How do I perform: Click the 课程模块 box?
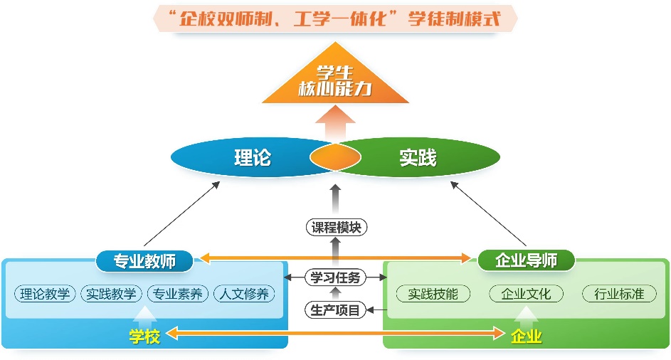tap(336, 228)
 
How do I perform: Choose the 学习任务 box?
tap(336, 277)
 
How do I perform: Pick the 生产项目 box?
tap(336, 309)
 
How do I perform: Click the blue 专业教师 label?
tap(145, 260)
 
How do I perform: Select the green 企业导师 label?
tap(527, 260)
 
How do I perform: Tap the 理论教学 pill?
tap(45, 293)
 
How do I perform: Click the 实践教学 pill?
tap(111, 293)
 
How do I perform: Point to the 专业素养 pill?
tap(178, 293)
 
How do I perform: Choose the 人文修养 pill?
tap(244, 293)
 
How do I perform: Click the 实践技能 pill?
tap(433, 293)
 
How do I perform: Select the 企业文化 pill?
tap(527, 293)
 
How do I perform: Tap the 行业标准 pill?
tap(619, 293)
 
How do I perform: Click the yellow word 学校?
tap(144, 336)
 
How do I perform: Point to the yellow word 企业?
tap(527, 336)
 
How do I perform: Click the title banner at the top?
tap(335, 18)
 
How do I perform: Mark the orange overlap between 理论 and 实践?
tap(335, 157)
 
